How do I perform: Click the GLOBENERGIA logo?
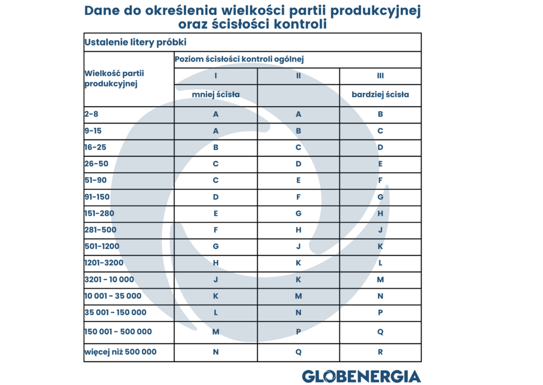[x=362, y=376]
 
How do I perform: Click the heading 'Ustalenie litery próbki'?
[x=135, y=42]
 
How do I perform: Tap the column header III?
[x=380, y=75]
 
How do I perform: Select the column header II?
[x=298, y=75]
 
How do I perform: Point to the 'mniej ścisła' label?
[x=216, y=94]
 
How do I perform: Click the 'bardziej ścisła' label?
[x=380, y=94]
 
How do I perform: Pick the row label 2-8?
[x=91, y=114]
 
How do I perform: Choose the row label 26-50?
[x=97, y=163]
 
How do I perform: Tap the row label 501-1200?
[x=102, y=246]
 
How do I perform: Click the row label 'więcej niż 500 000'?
[x=120, y=352]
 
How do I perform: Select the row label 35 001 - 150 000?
[x=115, y=312]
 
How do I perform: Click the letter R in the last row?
[x=380, y=352]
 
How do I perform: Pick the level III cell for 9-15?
[x=380, y=131]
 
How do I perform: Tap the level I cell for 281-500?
[x=216, y=230]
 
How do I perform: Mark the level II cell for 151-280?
[x=298, y=213]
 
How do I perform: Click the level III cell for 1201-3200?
[x=380, y=263]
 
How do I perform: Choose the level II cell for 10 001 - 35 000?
[x=298, y=296]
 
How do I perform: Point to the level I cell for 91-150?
[x=216, y=197]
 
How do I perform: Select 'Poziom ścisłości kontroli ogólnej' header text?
[x=239, y=59]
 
